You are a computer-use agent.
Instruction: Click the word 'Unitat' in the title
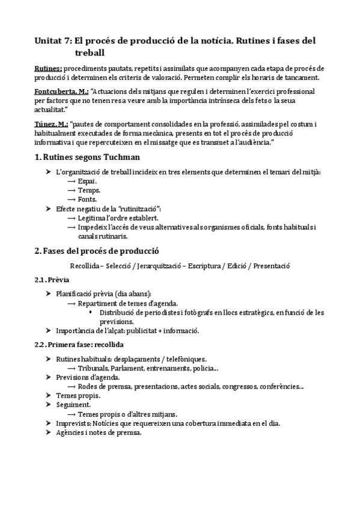click(x=50, y=41)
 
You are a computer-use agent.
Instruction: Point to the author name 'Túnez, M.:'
click(x=51, y=123)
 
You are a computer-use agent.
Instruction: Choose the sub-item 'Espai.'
click(x=87, y=181)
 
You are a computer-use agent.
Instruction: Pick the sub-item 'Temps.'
click(x=90, y=190)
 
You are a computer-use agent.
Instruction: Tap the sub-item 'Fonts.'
click(x=87, y=199)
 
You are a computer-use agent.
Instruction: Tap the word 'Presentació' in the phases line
click(x=271, y=265)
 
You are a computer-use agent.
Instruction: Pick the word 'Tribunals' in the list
click(x=94, y=368)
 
